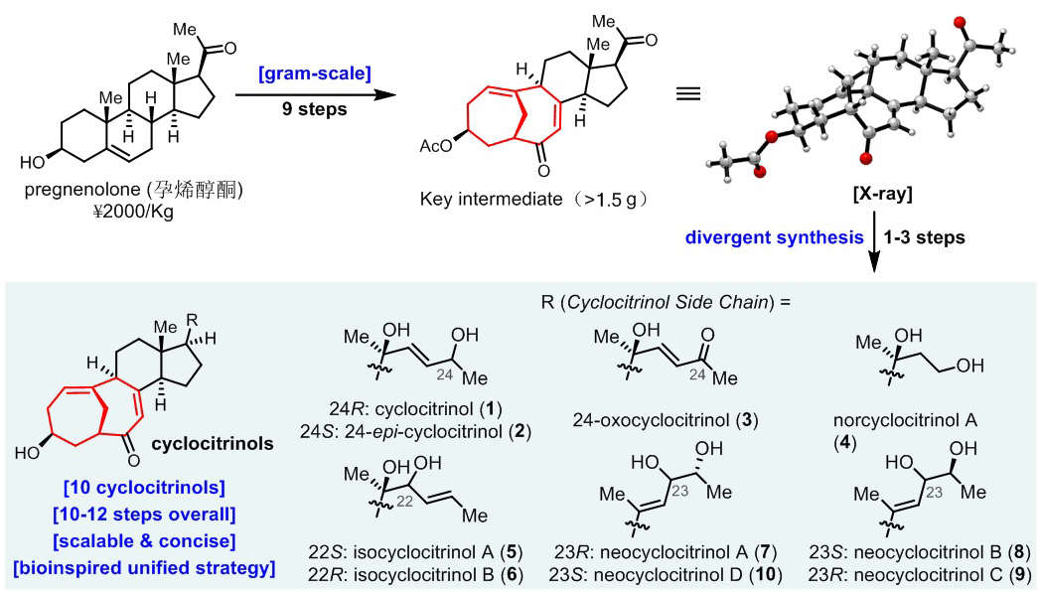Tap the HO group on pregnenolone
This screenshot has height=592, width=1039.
point(33,159)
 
